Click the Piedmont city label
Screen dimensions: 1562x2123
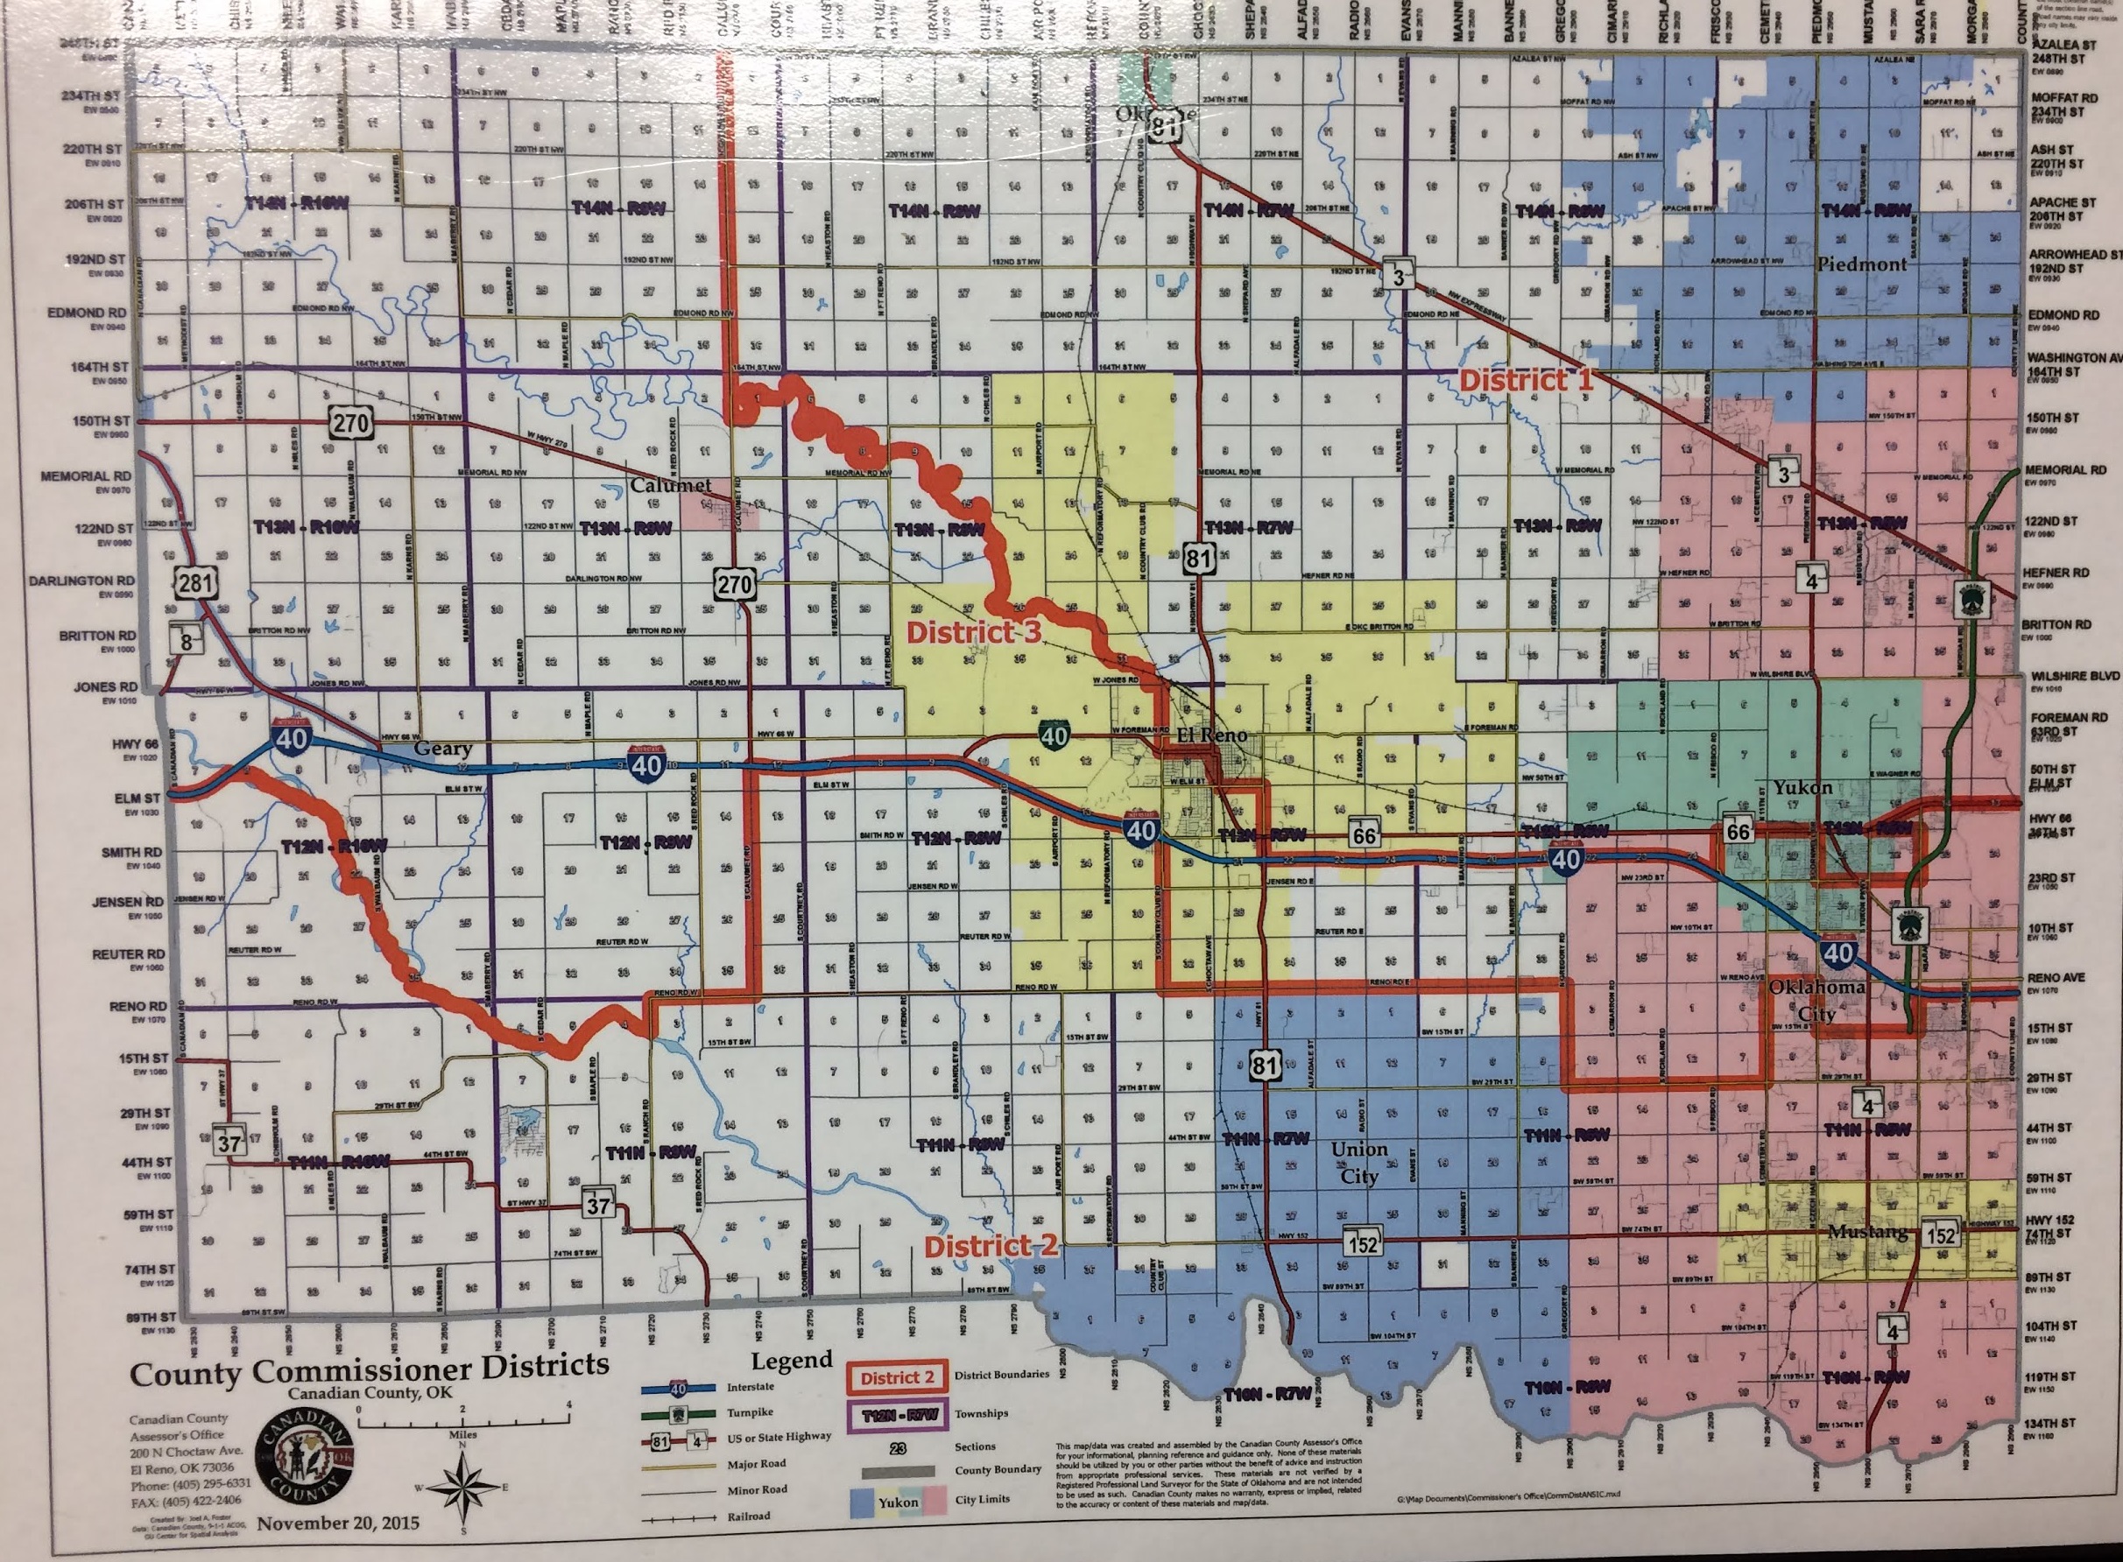pyautogui.click(x=1861, y=264)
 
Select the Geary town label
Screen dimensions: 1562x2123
pyautogui.click(x=442, y=749)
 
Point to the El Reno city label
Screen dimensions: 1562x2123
pyautogui.click(x=1211, y=735)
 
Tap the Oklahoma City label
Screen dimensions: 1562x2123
pyautogui.click(x=1816, y=1001)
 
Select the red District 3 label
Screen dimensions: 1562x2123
pyautogui.click(x=973, y=632)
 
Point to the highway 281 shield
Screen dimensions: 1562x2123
pyautogui.click(x=194, y=582)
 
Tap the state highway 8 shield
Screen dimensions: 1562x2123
pyautogui.click(x=187, y=642)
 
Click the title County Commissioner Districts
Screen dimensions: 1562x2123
pyautogui.click(x=369, y=1369)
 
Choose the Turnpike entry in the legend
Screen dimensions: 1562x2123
pyautogui.click(x=749, y=1412)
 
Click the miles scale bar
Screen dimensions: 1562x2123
pyautogui.click(x=463, y=1419)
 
